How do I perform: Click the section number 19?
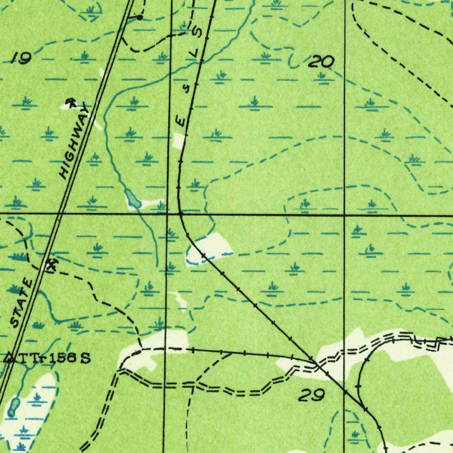point(21,58)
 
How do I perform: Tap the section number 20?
point(321,62)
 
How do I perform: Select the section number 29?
point(312,395)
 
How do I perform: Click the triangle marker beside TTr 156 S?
point(9,357)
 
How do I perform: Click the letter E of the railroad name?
point(180,120)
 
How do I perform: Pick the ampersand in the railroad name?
point(187,89)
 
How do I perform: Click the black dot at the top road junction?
point(140,18)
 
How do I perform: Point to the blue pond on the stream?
point(133,200)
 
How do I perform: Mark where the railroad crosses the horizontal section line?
point(180,214)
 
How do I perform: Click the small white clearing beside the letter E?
point(179,140)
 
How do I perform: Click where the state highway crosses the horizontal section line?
point(60,214)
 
